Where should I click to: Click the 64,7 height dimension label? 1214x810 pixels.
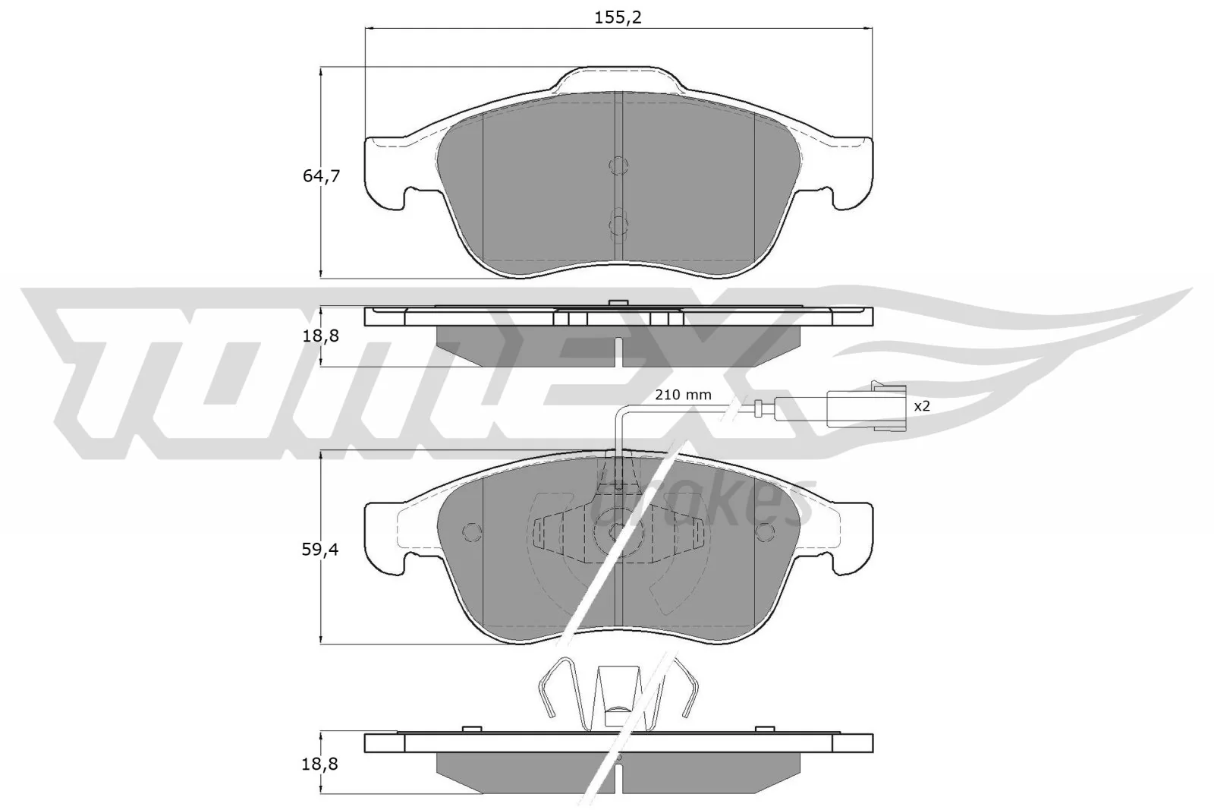pyautogui.click(x=321, y=176)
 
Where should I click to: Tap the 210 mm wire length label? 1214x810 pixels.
pyautogui.click(x=683, y=395)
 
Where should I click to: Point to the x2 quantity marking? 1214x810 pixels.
pyautogui.click(x=921, y=407)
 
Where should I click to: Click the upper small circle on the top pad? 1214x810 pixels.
pyautogui.click(x=619, y=165)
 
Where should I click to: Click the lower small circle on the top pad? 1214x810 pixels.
pyautogui.click(x=619, y=225)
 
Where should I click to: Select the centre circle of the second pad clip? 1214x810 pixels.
pyautogui.click(x=611, y=531)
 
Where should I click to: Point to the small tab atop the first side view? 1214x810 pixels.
pyautogui.click(x=619, y=303)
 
